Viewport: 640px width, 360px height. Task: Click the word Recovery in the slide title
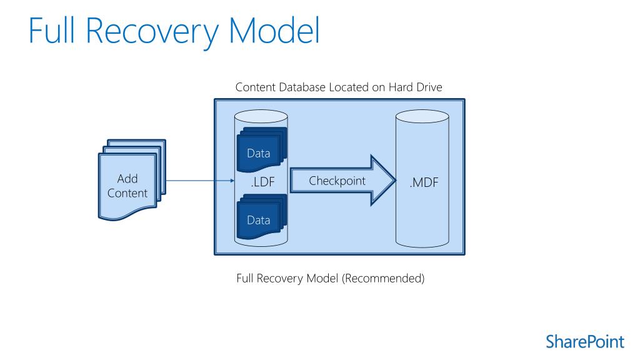click(x=152, y=32)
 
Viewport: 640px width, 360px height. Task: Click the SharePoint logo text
click(x=585, y=342)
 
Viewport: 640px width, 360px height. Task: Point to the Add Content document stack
click(x=132, y=179)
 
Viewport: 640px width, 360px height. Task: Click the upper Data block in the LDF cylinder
click(x=262, y=149)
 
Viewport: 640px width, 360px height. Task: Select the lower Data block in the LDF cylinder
click(x=262, y=216)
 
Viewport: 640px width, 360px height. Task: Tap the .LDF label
click(x=263, y=182)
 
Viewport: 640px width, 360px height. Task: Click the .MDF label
click(x=424, y=182)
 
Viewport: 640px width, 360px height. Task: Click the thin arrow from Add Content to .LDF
click(x=200, y=181)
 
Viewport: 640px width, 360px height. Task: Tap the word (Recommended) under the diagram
click(x=383, y=278)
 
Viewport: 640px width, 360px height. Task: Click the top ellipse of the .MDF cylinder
click(x=422, y=116)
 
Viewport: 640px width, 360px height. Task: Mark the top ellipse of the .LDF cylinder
click(x=261, y=116)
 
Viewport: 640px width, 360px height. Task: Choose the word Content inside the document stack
click(x=127, y=193)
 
